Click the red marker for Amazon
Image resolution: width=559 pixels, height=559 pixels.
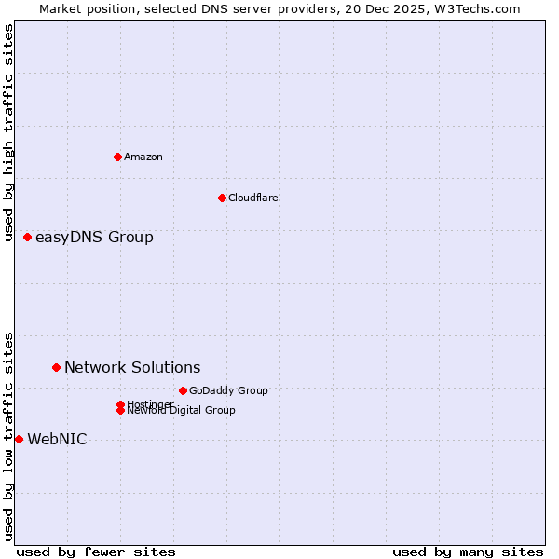pyautogui.click(x=117, y=157)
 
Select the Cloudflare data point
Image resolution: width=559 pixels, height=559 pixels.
pyautogui.click(x=222, y=198)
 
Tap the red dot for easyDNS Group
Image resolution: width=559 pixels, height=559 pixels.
pyautogui.click(x=28, y=238)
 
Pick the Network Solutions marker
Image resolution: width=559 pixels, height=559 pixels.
pyautogui.click(x=56, y=368)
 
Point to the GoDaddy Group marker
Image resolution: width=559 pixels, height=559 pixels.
pyautogui.click(x=183, y=390)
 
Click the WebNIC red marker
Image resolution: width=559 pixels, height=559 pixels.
pyautogui.click(x=19, y=439)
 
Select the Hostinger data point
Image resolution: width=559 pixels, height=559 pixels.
pyautogui.click(x=120, y=404)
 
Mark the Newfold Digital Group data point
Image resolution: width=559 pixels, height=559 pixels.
pyautogui.click(x=120, y=410)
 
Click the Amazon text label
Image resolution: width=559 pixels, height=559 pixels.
pyautogui.click(x=143, y=157)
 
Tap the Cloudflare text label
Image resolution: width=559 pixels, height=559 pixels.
pyautogui.click(x=253, y=198)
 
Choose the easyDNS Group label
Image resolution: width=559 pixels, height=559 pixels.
pyautogui.click(x=94, y=238)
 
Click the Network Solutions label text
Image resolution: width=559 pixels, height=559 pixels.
pyautogui.click(x=132, y=368)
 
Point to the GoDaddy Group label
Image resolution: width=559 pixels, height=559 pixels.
pyautogui.click(x=228, y=390)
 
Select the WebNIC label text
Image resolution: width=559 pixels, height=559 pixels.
pyautogui.click(x=57, y=440)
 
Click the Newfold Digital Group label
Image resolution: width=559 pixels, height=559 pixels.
pyautogui.click(x=182, y=411)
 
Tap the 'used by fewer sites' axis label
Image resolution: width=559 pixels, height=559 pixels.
pyautogui.click(x=96, y=552)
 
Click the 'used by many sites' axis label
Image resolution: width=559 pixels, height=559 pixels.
pyautogui.click(x=468, y=552)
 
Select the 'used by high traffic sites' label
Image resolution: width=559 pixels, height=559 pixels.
pyautogui.click(x=8, y=132)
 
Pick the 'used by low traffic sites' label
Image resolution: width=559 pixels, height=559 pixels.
pyautogui.click(x=8, y=436)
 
